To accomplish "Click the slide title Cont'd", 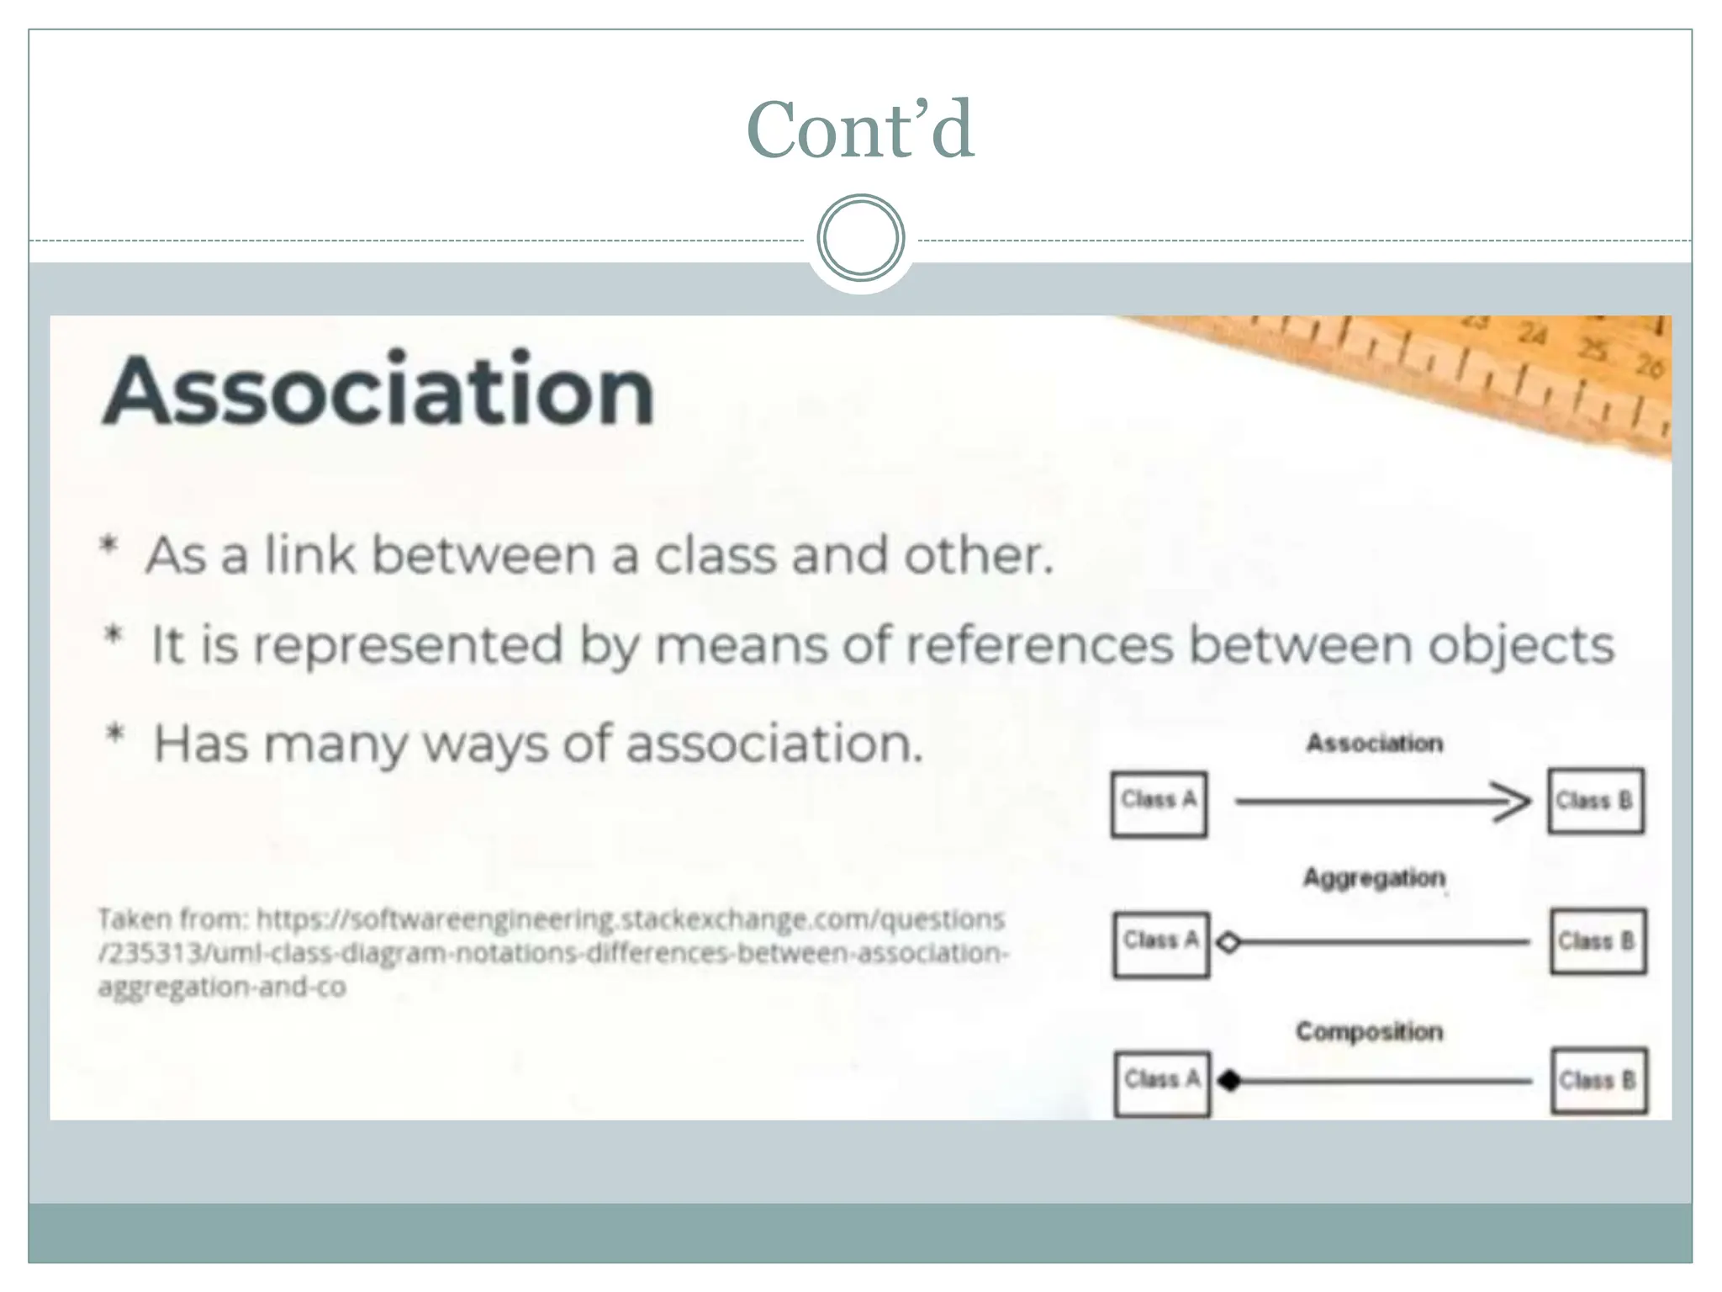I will click(860, 130).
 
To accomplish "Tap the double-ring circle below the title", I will click(860, 237).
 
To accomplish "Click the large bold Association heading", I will click(378, 391).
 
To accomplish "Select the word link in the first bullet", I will click(309, 556).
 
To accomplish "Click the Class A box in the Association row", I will click(1159, 803).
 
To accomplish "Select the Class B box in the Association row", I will click(1595, 801).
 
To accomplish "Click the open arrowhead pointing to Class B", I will click(1513, 802).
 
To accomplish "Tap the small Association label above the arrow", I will click(1374, 744).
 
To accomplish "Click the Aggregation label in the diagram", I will click(1374, 878).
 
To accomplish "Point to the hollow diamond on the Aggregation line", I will click(1229, 943).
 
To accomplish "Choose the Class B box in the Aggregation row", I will click(1598, 941).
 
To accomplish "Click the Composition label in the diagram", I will click(1369, 1031).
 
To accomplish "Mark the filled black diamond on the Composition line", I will click(1230, 1081).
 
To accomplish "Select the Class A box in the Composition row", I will click(1162, 1083).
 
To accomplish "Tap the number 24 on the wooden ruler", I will click(1532, 336).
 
